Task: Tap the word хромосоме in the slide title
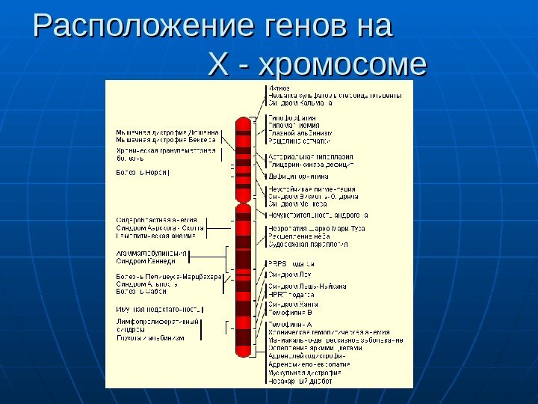[x=341, y=64]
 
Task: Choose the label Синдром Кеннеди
[x=146, y=261]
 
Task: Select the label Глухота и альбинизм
[x=150, y=338]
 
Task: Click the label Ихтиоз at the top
[x=279, y=88]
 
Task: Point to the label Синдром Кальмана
[x=300, y=103]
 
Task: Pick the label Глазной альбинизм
[x=300, y=133]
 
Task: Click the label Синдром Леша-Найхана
[x=306, y=286]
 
